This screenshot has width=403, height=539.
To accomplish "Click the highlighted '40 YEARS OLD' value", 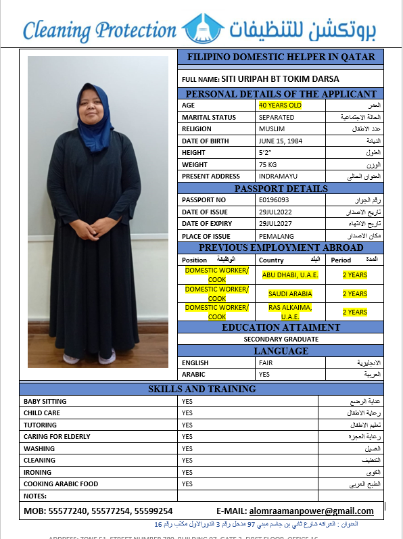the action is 280,106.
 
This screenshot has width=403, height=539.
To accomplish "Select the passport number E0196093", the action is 274,200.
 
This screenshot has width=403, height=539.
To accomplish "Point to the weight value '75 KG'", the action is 268,164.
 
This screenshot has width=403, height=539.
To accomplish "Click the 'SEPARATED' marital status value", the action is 277,117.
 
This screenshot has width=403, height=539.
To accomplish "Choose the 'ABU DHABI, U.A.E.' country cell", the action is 290,275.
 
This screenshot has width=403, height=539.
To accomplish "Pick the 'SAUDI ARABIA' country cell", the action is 290,294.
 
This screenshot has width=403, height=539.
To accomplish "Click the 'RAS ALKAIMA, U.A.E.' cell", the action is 290,312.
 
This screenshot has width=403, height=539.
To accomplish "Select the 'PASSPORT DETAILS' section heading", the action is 281,189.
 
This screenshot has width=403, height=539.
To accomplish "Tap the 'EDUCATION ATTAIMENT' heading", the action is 281,327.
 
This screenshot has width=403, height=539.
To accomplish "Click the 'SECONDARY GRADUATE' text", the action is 281,339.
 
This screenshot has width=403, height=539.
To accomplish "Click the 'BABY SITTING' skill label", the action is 45,401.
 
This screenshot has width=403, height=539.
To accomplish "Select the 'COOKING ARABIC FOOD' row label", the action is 61,484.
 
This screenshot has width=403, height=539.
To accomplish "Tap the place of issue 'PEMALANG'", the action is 275,236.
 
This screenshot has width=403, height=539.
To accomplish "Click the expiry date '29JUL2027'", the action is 275,224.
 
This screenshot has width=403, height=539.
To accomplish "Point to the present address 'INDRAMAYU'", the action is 276,177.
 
